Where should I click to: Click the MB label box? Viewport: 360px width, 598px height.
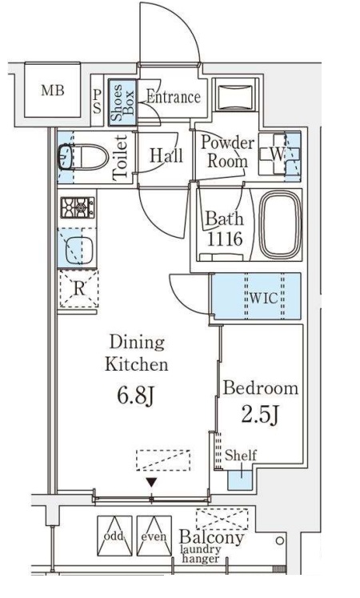pos(53,90)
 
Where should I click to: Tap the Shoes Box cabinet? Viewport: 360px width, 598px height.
pos(122,102)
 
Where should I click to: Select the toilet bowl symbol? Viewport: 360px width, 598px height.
pos(83,157)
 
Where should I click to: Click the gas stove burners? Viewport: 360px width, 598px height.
pos(78,208)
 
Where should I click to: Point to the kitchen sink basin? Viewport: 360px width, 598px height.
pos(79,251)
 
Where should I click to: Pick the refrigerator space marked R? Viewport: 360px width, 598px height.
pos(79,289)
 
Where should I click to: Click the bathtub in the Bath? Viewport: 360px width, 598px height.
pos(281,225)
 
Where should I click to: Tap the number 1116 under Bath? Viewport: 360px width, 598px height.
pos(225,239)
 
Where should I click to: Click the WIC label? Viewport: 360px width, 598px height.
pos(264,298)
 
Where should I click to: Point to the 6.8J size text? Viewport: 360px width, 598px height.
pos(135,396)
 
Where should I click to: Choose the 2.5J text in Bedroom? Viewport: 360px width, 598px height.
pos(261,415)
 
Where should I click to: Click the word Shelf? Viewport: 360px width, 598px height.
pos(240,455)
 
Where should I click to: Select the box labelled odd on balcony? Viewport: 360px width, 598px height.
pos(114,536)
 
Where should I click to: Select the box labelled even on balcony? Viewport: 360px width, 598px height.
pos(154,536)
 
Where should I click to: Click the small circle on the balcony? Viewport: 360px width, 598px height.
pos(280,540)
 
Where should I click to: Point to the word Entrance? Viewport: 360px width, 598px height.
pos(174,97)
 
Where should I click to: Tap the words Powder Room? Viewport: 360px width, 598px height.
pos(227,152)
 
